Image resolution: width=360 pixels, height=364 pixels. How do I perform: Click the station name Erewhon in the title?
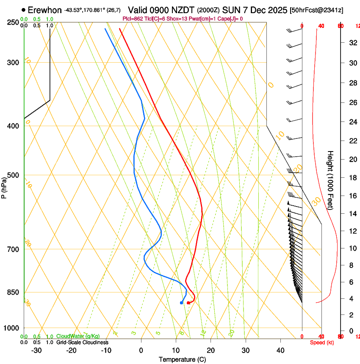point(44,10)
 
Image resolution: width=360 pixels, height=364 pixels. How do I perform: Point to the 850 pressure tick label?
point(13,292)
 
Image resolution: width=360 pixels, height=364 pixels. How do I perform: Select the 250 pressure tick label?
point(13,22)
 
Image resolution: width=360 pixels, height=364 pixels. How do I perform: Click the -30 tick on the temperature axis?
point(36,350)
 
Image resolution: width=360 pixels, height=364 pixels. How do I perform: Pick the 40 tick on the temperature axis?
point(280,350)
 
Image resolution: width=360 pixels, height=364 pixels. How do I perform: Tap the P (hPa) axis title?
point(4,187)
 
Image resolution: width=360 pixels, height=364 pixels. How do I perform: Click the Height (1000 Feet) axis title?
point(330,180)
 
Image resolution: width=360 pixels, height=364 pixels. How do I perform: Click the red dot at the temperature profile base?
point(188,303)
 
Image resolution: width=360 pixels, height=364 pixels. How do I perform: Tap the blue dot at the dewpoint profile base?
point(181,303)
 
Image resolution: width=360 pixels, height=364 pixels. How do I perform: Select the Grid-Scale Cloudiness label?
point(82,342)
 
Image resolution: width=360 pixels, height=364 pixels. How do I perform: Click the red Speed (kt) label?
point(322,342)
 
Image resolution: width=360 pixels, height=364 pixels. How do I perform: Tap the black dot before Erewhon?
point(23,10)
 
